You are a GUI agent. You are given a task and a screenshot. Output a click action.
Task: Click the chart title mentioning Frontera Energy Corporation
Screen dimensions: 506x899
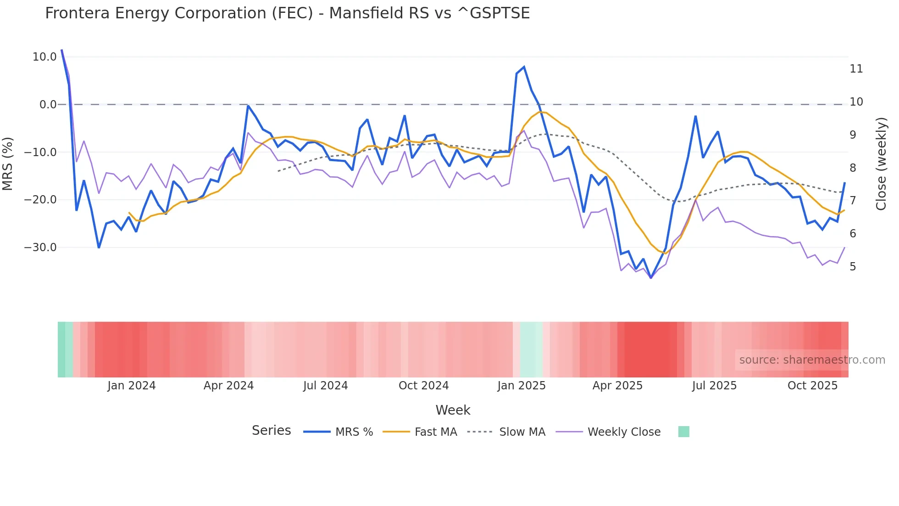[287, 13]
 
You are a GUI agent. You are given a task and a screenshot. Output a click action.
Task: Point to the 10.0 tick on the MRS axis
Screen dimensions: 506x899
[44, 57]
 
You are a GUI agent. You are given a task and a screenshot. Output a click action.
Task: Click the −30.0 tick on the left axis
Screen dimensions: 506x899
[40, 247]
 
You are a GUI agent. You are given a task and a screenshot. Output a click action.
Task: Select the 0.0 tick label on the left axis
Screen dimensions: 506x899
[48, 105]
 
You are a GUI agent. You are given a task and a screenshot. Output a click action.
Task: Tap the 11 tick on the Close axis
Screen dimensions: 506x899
[856, 69]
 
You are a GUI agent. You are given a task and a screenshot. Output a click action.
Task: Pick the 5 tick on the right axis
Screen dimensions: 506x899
[853, 267]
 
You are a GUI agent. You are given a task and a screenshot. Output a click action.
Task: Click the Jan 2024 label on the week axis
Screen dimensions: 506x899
[132, 386]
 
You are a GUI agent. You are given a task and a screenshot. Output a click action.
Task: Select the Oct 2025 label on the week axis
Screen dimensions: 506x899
[812, 386]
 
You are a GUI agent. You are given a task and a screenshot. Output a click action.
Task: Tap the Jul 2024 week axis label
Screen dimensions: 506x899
[325, 386]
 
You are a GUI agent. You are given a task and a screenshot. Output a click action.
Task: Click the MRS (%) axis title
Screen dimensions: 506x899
[8, 163]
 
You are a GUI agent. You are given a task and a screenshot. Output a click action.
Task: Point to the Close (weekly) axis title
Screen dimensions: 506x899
[881, 163]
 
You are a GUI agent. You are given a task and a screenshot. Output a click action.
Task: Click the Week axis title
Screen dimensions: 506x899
[453, 410]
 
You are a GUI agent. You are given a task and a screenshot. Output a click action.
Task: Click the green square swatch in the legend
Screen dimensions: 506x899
[683, 432]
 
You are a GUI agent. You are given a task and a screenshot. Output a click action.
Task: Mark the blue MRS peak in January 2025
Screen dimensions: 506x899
[524, 67]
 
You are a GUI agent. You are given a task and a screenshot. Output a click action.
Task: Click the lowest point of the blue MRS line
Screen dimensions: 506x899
[650, 278]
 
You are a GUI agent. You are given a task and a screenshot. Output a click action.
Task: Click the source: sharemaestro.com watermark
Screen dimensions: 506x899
[812, 360]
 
